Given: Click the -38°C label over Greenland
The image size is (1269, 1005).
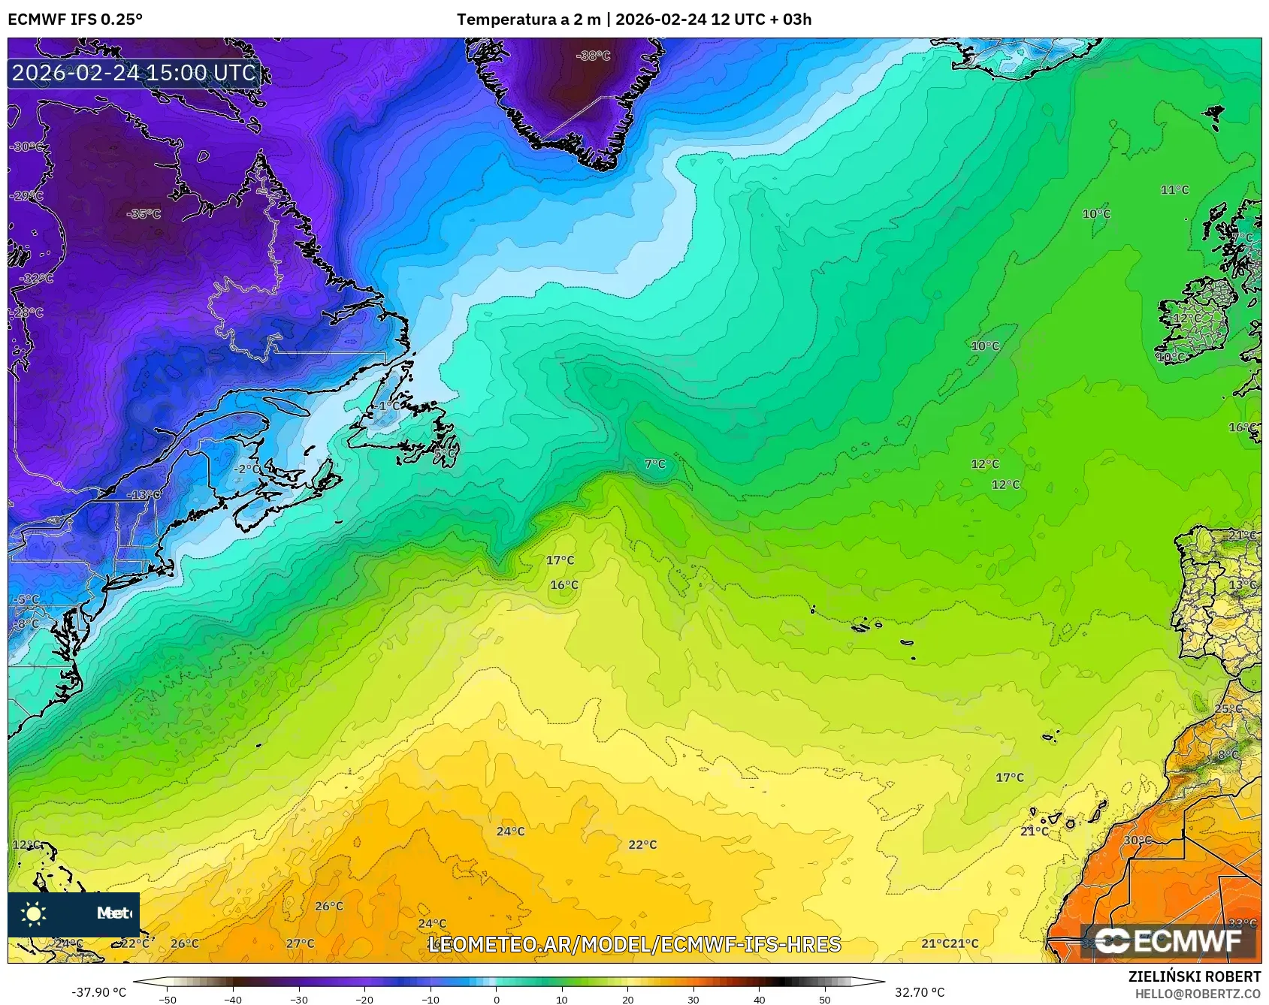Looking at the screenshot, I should (593, 56).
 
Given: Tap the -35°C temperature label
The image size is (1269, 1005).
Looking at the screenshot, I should (144, 214).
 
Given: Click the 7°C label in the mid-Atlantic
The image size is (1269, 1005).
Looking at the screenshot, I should (655, 464).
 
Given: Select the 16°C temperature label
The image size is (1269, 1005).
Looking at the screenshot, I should (564, 585).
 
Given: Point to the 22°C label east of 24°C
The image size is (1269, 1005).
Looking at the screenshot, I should (642, 845).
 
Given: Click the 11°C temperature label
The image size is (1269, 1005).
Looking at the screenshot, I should (1175, 190).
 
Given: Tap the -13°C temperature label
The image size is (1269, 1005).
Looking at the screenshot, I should (144, 495).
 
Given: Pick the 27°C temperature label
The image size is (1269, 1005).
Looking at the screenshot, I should (301, 943).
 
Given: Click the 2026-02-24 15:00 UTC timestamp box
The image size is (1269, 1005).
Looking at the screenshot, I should (134, 73).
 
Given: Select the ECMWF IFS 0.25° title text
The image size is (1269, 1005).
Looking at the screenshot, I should (74, 20).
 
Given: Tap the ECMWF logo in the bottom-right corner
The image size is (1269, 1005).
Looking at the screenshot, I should (1168, 940).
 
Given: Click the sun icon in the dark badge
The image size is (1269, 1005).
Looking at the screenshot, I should (34, 914).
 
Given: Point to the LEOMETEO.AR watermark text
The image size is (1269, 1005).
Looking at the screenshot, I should (634, 944).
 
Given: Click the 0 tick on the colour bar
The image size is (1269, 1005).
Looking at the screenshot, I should (496, 999).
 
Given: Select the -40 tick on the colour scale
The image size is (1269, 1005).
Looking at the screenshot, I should (233, 999).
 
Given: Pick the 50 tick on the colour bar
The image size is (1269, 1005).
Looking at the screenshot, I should (825, 999).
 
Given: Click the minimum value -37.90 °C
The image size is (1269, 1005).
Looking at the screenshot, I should (99, 992).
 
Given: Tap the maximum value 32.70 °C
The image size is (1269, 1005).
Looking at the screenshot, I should (920, 992).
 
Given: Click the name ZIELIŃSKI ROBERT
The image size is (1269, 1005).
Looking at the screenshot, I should (1195, 976).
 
